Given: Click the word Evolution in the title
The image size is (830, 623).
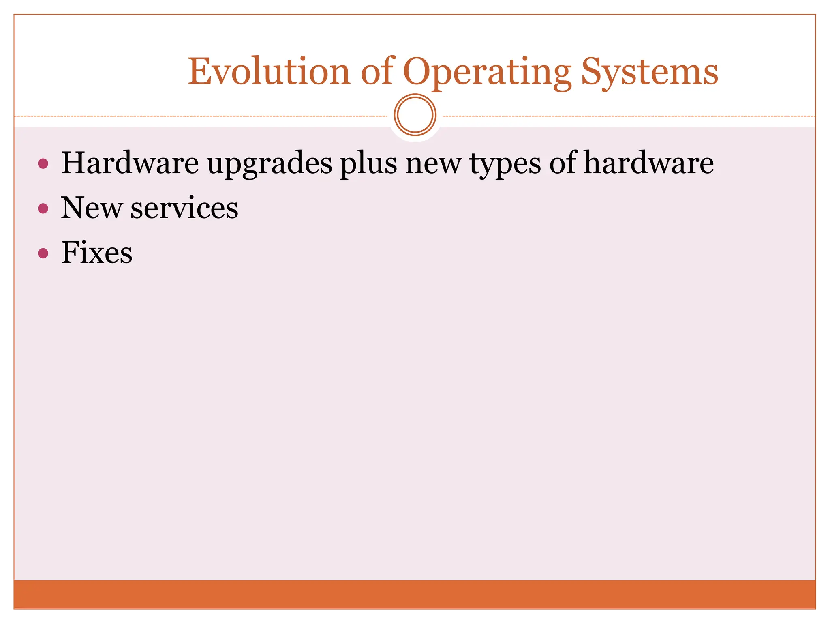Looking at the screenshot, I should pos(269,72).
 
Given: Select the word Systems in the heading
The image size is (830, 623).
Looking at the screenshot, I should pos(650,72).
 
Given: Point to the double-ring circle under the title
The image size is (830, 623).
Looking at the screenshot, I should pos(415,115).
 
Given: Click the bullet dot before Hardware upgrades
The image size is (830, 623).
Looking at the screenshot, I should pos(43,164).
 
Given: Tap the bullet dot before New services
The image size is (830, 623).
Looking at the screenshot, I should pos(43,208).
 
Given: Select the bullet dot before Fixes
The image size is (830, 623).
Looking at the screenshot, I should pos(43,253).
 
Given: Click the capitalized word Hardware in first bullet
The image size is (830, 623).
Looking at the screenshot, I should pos(130,163).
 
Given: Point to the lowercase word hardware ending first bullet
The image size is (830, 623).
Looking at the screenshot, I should pos(649,163).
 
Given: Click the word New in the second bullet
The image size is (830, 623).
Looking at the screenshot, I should pos(91,208).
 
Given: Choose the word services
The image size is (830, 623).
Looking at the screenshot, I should pos(184,208).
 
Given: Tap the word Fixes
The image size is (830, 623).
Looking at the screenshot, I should pos(97,252).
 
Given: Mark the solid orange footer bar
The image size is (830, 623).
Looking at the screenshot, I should pos(415,594).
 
